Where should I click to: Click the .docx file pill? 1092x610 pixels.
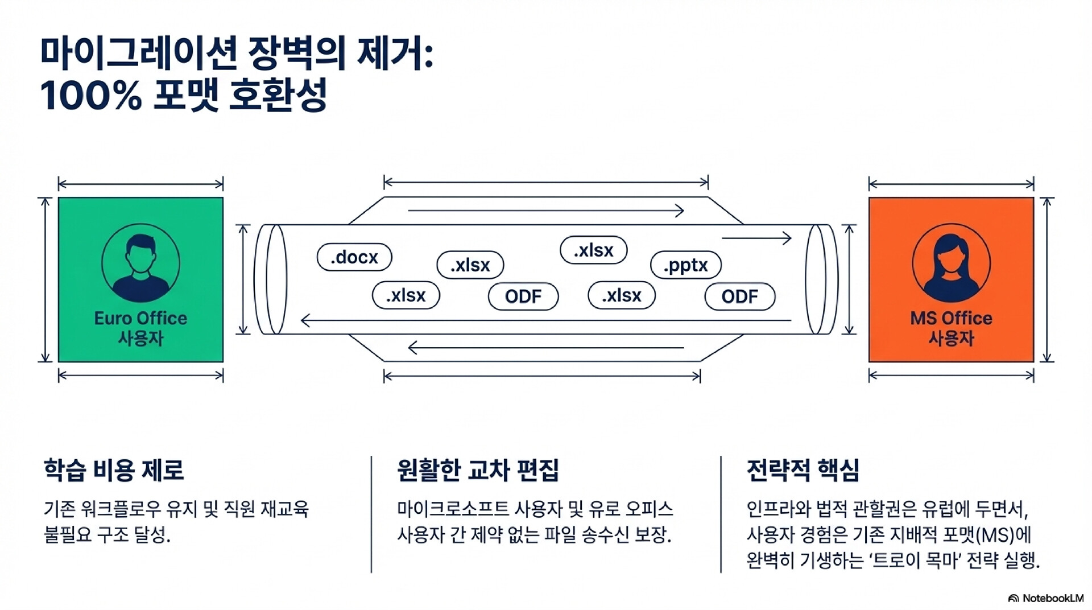[354, 257]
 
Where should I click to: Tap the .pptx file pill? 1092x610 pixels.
[685, 265]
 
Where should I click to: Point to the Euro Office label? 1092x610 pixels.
[140, 318]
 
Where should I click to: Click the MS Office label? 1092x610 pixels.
[951, 318]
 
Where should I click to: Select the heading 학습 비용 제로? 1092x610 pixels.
[114, 471]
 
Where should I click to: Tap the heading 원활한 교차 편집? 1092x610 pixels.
[478, 471]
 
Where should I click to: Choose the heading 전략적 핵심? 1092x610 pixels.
[803, 471]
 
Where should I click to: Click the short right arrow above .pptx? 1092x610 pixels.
[756, 238]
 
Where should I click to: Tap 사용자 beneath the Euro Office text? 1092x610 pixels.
[140, 339]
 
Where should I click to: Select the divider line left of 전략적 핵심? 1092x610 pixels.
[721, 514]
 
